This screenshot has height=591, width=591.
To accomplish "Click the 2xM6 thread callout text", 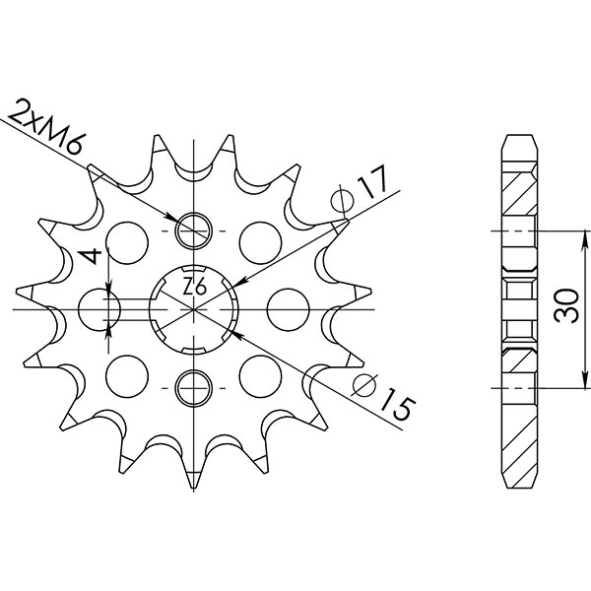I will [48, 131].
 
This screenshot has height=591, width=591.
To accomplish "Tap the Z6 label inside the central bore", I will [194, 288].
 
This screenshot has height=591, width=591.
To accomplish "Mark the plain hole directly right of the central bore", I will [284, 308].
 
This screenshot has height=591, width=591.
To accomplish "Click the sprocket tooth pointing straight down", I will [194, 480].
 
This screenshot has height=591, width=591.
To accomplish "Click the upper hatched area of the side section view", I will [520, 197].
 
